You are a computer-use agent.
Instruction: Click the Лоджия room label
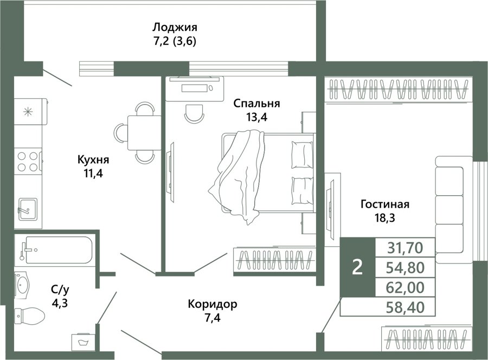[175, 28]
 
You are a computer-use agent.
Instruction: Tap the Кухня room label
[93, 160]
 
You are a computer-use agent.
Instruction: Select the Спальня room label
[257, 104]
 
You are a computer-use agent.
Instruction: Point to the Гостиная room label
[384, 204]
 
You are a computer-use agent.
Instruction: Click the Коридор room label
[213, 304]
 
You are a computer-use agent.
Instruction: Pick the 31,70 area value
[405, 248]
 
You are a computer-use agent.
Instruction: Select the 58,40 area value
[405, 307]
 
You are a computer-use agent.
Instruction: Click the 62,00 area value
[405, 287]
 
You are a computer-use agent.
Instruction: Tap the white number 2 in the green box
[357, 267]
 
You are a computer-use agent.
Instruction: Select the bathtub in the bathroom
[55, 250]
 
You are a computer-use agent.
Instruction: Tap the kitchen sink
[28, 209]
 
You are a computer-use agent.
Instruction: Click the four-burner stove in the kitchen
[28, 162]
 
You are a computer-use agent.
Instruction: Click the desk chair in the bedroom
[195, 114]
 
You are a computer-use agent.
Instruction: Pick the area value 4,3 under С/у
[60, 303]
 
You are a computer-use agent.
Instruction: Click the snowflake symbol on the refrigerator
[28, 111]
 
